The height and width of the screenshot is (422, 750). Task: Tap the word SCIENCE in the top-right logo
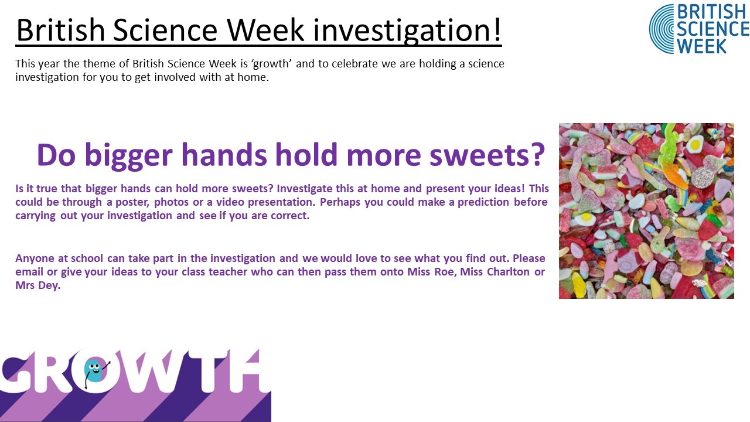[713, 29]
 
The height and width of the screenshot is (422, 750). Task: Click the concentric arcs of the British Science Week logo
[662, 29]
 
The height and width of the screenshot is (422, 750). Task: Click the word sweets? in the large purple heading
[487, 155]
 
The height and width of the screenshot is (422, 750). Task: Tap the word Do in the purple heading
[56, 155]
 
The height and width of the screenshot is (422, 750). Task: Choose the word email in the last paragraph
[29, 271]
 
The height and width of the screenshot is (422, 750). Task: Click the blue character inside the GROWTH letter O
[94, 371]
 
